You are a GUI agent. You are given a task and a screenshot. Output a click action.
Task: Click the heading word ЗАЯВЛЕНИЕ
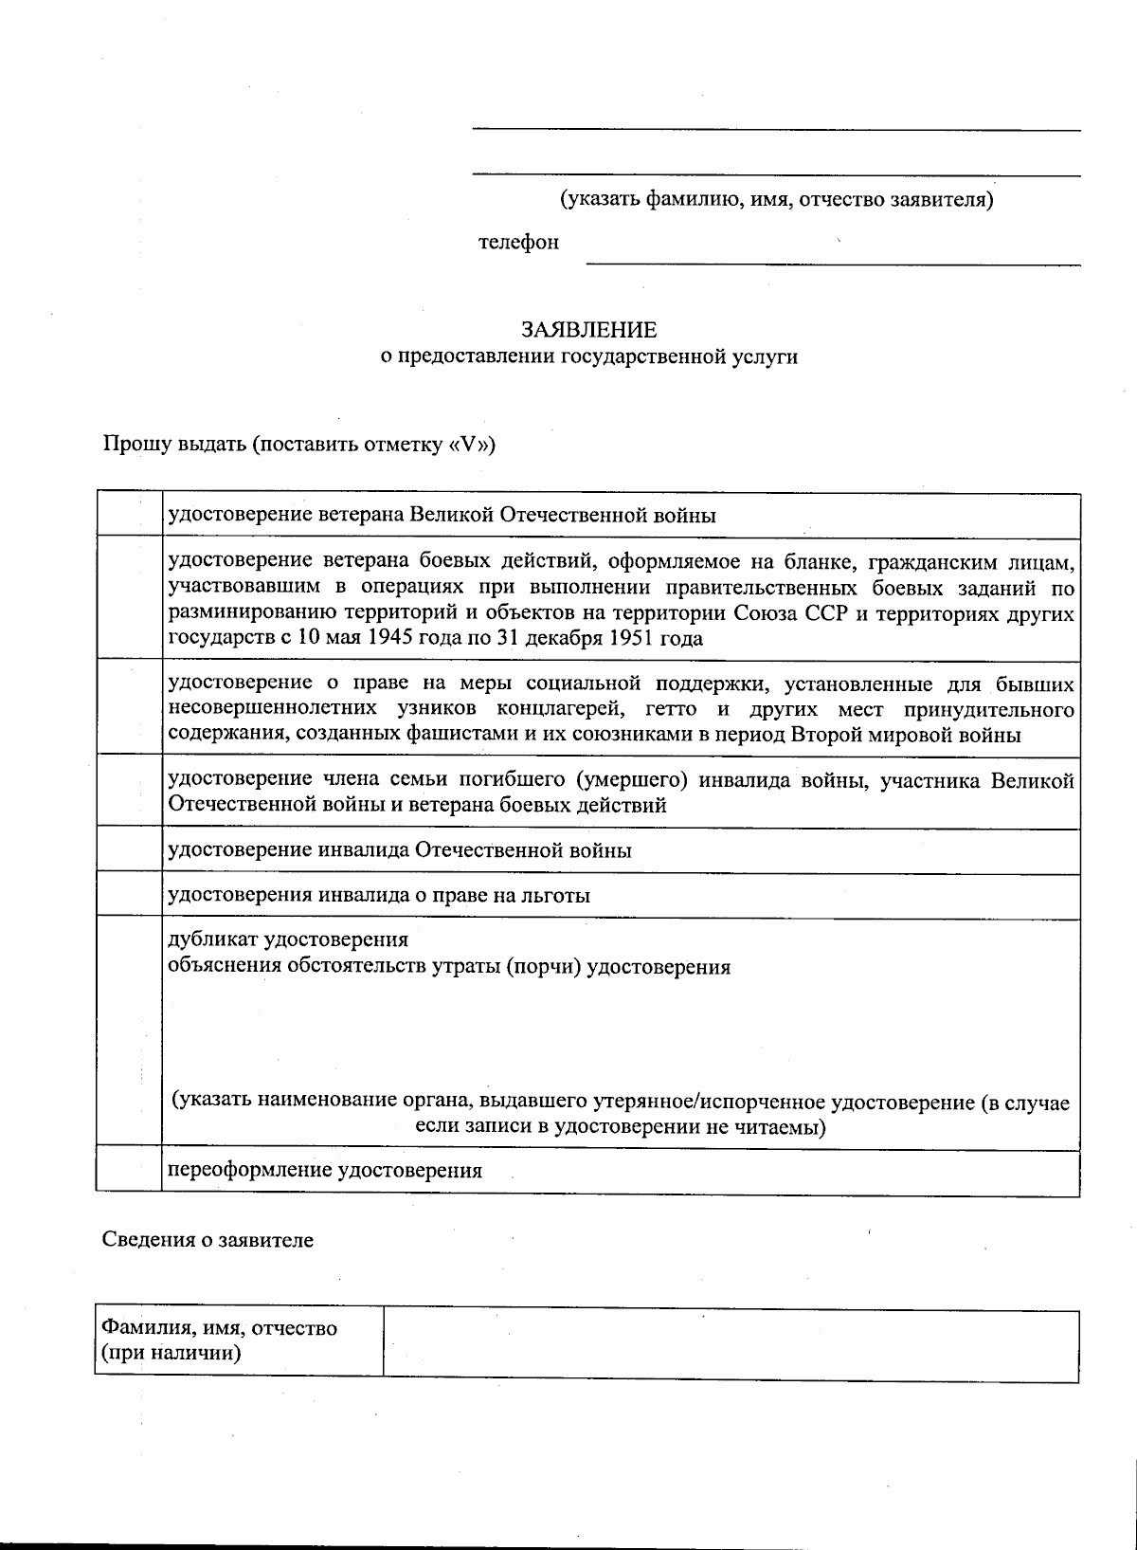click(x=587, y=330)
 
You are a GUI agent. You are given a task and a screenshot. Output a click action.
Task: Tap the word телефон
click(x=518, y=243)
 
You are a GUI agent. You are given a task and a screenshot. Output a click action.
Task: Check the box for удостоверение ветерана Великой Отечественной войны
click(x=129, y=515)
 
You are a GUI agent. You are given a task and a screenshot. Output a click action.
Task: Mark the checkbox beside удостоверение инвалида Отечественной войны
click(x=129, y=849)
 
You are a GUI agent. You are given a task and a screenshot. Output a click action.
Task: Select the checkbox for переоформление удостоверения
click(x=129, y=1170)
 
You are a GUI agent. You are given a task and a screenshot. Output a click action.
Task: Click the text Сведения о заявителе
click(x=208, y=1240)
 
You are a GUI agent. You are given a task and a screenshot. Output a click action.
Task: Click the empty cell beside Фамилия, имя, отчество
click(x=730, y=1343)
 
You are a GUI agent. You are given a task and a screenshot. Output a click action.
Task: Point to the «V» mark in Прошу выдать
click(x=467, y=445)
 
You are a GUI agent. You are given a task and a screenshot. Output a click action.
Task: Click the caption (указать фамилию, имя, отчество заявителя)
click(x=775, y=200)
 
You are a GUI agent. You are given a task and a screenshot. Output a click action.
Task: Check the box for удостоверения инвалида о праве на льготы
click(x=129, y=894)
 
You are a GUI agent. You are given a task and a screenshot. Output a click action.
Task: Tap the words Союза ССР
click(x=783, y=613)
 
